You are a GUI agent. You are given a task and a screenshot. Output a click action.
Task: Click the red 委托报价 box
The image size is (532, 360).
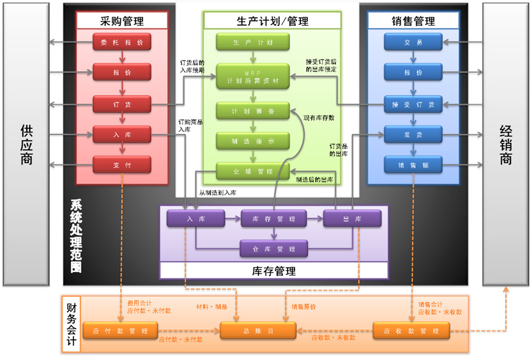point(122,42)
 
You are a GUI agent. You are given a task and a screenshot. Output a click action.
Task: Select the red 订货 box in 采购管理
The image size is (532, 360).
point(122,104)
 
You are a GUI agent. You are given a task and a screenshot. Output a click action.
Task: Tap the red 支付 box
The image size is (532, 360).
point(122,166)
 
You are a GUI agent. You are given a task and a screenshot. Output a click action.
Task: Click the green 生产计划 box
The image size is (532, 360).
point(252,42)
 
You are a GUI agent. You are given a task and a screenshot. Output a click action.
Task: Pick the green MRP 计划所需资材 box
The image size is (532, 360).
point(252,77)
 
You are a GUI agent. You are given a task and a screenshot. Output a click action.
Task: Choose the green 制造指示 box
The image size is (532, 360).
point(252,141)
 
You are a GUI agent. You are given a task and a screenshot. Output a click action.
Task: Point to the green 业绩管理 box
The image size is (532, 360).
point(252,171)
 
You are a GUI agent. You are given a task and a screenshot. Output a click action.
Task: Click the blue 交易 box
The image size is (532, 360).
point(413,42)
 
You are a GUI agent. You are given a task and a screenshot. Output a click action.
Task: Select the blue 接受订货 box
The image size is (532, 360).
point(413,104)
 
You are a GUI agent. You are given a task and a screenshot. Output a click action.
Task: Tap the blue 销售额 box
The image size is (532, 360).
point(413,166)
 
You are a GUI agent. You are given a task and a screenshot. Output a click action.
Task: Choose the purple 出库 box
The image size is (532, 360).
point(352,219)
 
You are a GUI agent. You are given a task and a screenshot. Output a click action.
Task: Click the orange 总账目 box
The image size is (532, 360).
point(259,331)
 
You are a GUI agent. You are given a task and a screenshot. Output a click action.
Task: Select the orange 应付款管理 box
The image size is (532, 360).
point(120,331)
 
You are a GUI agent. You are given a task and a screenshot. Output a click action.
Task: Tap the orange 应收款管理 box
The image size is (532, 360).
point(411,331)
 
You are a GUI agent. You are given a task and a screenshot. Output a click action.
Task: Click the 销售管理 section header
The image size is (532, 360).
point(413,21)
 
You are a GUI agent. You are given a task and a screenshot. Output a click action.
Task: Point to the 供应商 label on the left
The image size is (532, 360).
point(27,145)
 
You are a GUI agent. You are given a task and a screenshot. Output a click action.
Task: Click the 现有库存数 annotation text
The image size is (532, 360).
point(319,118)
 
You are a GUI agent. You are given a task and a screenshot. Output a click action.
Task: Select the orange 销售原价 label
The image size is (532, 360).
point(303,307)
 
